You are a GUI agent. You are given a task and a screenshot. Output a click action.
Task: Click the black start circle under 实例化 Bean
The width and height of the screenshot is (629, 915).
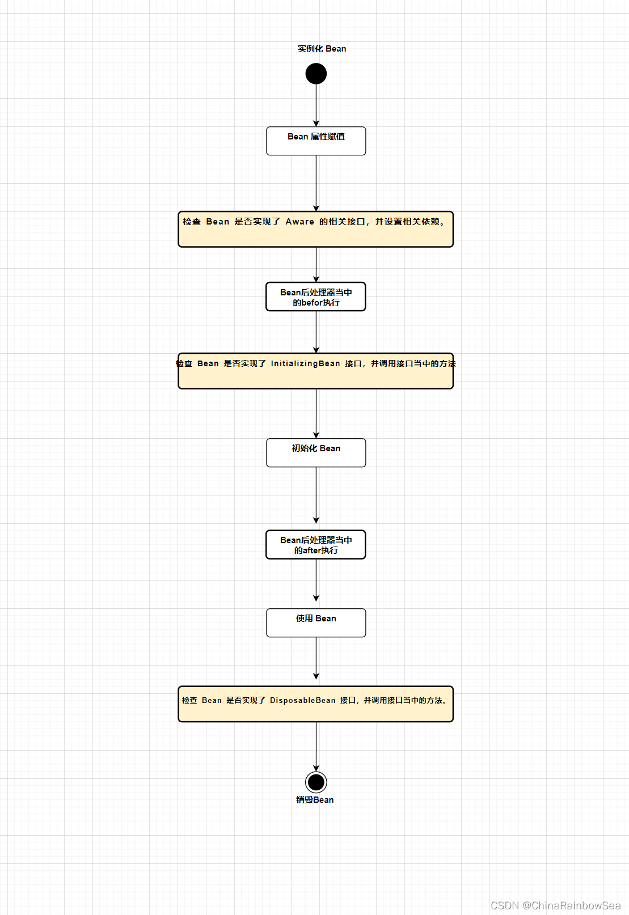[316, 74]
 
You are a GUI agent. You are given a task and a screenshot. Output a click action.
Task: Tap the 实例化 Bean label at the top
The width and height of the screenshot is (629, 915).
[322, 49]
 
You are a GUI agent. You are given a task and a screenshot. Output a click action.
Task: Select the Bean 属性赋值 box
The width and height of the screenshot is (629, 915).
[316, 141]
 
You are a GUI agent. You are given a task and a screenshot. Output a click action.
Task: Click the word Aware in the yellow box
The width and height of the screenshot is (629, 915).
[299, 222]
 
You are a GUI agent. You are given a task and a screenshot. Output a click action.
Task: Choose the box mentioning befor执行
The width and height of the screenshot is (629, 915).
[316, 296]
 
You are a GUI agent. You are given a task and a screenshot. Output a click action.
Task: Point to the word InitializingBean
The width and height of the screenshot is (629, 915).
[305, 363]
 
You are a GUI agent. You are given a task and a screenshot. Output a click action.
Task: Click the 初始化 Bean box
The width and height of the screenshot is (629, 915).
[316, 452]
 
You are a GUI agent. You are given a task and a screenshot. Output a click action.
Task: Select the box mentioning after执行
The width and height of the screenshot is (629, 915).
[316, 544]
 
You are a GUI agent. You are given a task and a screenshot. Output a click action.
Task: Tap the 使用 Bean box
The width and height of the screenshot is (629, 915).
[316, 622]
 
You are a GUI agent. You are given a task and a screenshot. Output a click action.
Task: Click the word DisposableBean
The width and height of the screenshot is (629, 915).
[302, 700]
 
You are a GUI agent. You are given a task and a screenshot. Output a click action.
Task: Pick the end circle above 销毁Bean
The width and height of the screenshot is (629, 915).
[316, 782]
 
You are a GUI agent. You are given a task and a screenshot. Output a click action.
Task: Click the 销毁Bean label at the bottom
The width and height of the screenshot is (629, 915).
[315, 800]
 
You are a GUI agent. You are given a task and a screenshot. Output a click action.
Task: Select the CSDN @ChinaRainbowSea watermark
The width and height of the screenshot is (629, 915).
[556, 905]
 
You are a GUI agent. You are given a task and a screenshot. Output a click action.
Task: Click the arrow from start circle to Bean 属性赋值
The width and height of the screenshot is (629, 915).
[316, 105]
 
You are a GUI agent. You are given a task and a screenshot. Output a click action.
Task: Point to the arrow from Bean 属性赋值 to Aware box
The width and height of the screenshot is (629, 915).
[316, 184]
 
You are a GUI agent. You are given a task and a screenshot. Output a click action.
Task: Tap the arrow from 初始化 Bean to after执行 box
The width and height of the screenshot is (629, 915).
[316, 495]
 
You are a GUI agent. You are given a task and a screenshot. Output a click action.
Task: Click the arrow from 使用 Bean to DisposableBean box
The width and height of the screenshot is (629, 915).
[316, 658]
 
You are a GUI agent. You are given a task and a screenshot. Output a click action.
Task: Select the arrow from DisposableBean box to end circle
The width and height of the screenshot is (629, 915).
[316, 747]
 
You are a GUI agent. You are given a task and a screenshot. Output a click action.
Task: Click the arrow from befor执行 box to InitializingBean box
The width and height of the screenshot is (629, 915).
[316, 332]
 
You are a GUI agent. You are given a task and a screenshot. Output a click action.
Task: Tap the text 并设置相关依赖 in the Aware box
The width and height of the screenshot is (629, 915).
[407, 222]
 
